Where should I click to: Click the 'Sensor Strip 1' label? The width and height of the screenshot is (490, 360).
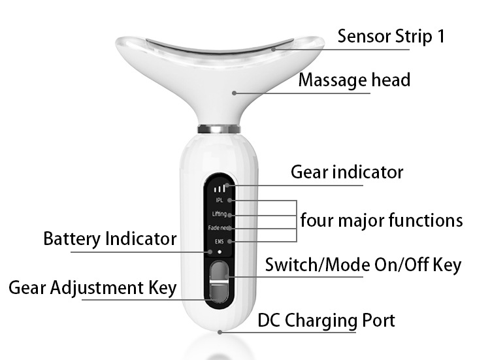pyautogui.click(x=391, y=36)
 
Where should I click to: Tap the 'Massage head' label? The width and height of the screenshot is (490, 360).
pyautogui.click(x=354, y=80)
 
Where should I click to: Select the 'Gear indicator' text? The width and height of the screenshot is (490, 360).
pyautogui.click(x=346, y=172)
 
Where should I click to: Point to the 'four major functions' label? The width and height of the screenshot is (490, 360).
pyautogui.click(x=382, y=220)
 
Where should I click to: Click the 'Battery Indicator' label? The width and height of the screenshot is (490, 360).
pyautogui.click(x=110, y=238)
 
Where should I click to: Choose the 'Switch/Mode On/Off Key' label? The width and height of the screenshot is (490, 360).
pyautogui.click(x=363, y=265)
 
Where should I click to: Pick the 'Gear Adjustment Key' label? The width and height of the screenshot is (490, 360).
pyautogui.click(x=93, y=287)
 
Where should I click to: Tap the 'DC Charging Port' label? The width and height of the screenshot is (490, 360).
pyautogui.click(x=326, y=321)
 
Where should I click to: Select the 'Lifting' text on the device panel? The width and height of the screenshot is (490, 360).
pyautogui.click(x=220, y=214)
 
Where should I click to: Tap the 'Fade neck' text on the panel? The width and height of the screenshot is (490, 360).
pyautogui.click(x=220, y=228)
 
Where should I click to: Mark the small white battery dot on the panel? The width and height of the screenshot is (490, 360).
pyautogui.click(x=220, y=251)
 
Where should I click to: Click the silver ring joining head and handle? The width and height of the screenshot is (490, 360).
pyautogui.click(x=220, y=129)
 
